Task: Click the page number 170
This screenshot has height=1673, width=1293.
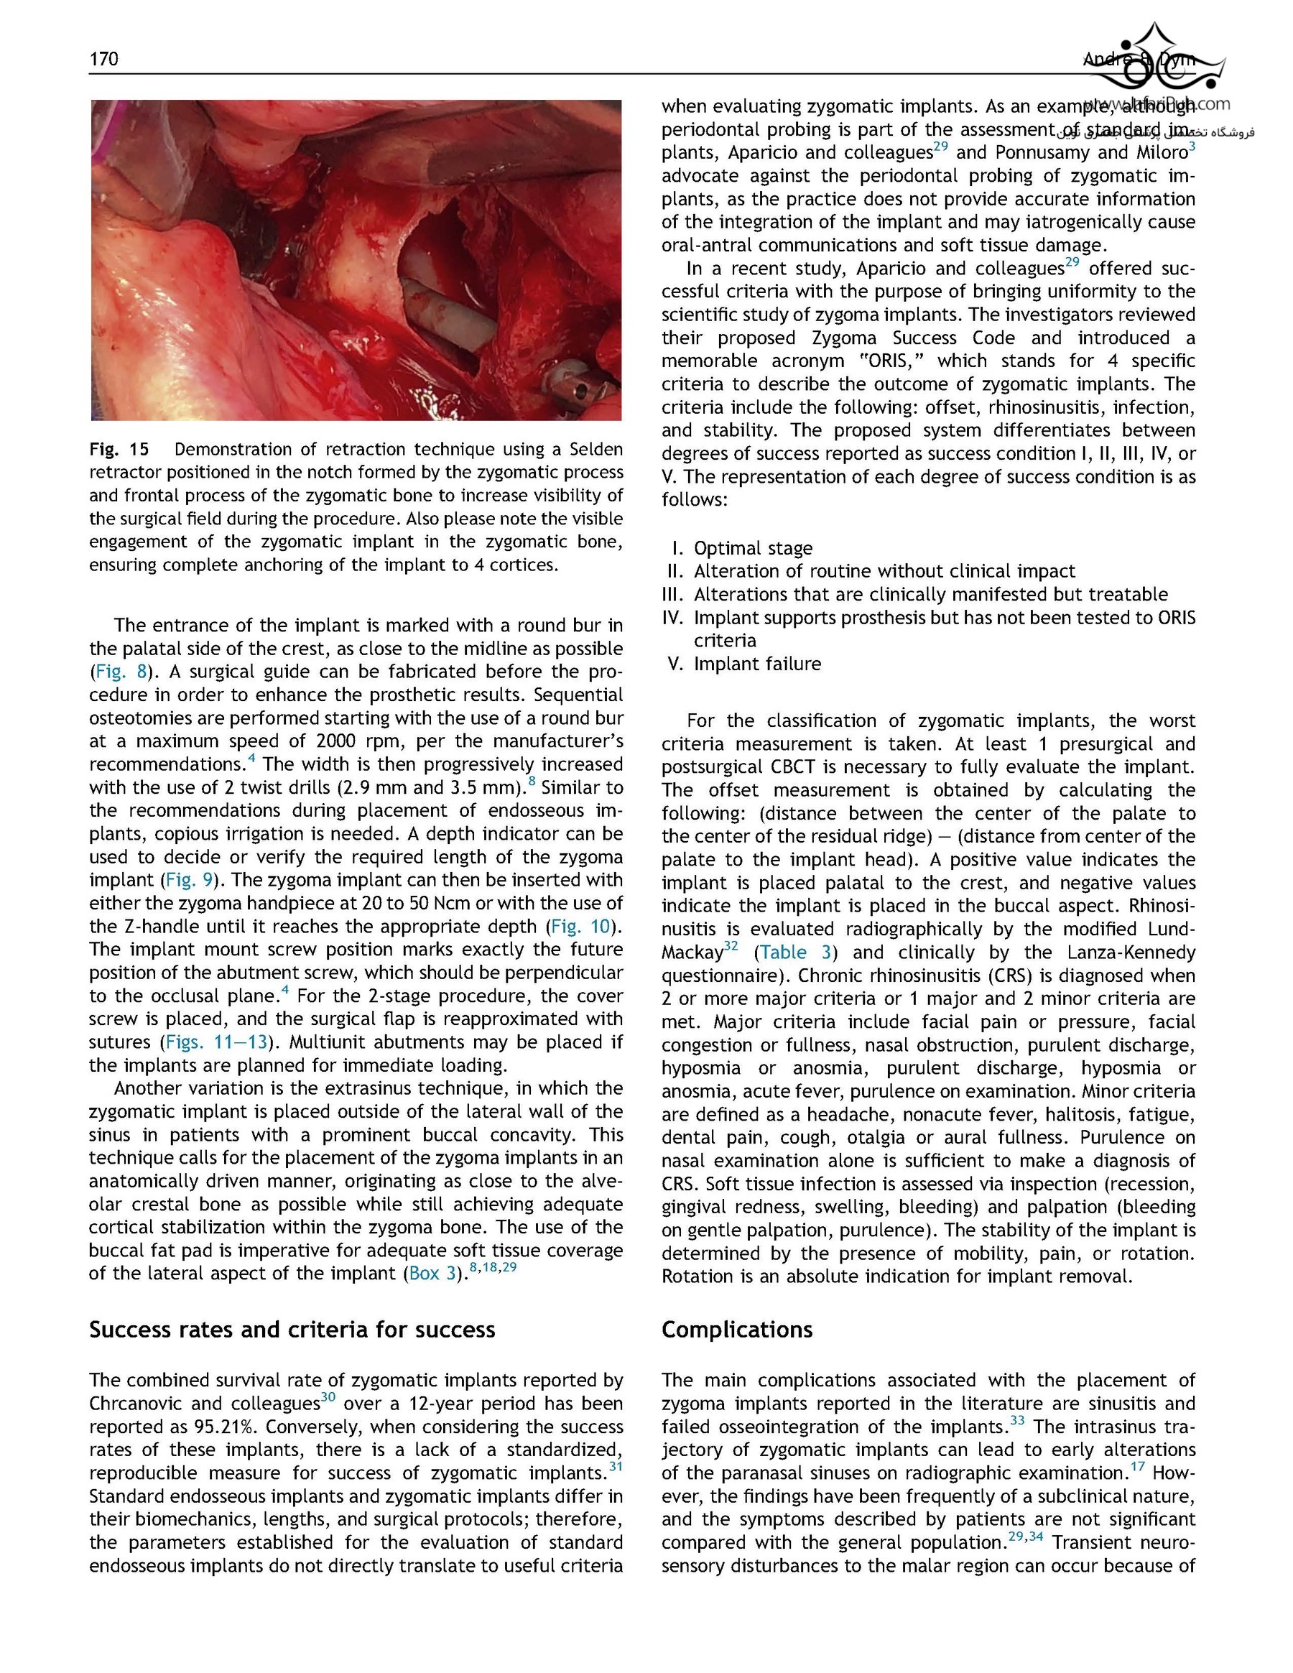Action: click(103, 59)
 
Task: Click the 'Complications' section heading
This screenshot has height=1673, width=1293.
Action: click(736, 1329)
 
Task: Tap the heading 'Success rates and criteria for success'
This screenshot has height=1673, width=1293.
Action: click(292, 1329)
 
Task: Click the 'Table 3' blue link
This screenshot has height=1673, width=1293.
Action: click(795, 953)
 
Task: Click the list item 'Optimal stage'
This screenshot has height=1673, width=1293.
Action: click(752, 549)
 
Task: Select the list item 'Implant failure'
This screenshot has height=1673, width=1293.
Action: click(757, 664)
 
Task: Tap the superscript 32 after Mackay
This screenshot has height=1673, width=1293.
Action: click(731, 946)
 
